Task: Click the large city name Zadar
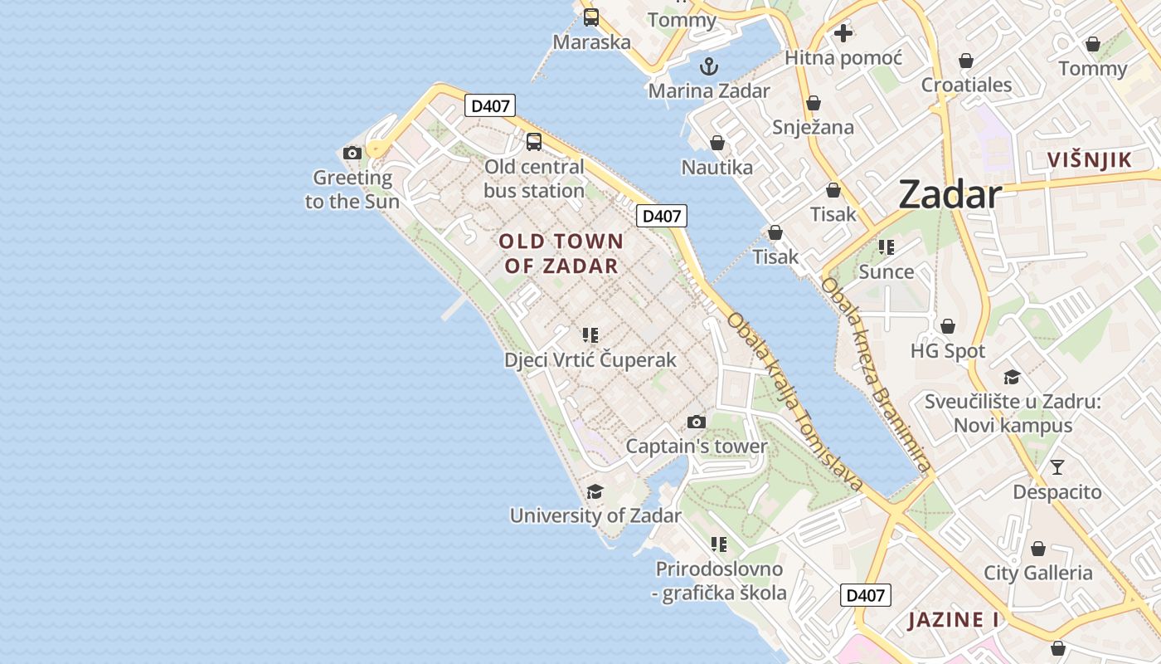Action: [x=950, y=195]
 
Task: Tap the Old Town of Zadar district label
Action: [x=561, y=253]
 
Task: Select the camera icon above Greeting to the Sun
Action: [x=352, y=153]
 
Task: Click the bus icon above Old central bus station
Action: [x=534, y=141]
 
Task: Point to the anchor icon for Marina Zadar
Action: [x=709, y=66]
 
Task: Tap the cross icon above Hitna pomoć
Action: [x=843, y=33]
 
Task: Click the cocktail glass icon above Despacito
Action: [x=1057, y=466]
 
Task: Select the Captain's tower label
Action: [x=697, y=447]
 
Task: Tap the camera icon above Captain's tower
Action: [x=697, y=422]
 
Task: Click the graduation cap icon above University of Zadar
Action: [x=595, y=491]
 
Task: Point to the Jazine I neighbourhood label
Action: [x=953, y=620]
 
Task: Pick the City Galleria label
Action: [x=1038, y=573]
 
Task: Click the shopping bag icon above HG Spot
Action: [x=948, y=326]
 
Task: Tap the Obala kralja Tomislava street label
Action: [x=794, y=402]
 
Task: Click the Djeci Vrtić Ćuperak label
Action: [x=590, y=360]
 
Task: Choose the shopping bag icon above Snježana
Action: [x=814, y=103]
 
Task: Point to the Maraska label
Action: [x=592, y=41]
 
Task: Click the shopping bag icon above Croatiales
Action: [x=966, y=61]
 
